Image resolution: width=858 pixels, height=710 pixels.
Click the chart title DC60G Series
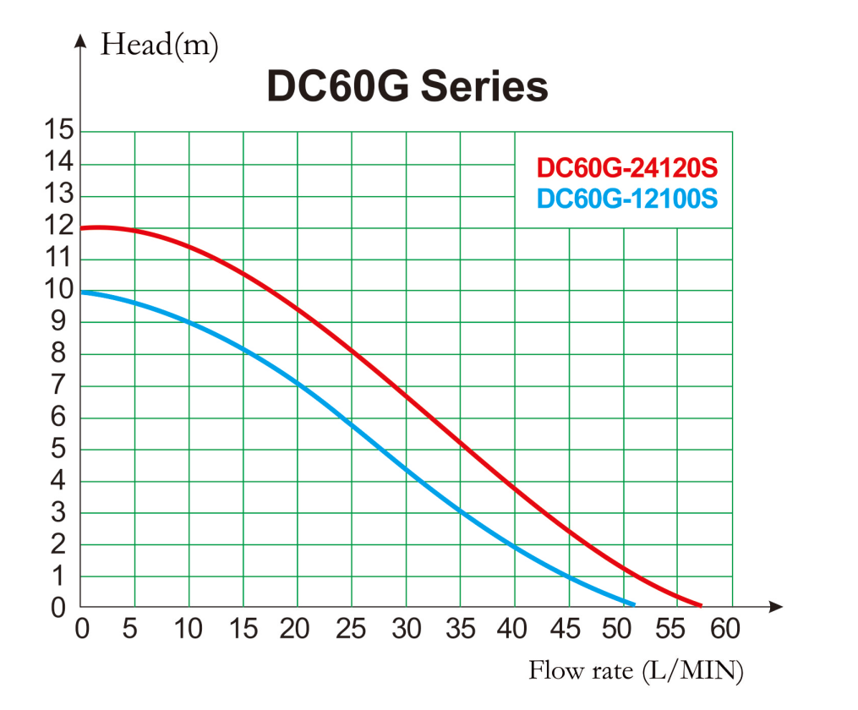pyautogui.click(x=407, y=86)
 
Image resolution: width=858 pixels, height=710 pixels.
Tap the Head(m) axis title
pyautogui.click(x=159, y=44)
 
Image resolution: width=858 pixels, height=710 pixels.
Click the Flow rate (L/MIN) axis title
pyautogui.click(x=636, y=671)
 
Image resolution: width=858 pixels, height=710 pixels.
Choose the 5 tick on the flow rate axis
pyautogui.click(x=129, y=630)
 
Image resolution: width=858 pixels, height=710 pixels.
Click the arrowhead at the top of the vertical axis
pyautogui.click(x=81, y=39)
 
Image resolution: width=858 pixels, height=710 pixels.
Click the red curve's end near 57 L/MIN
pyautogui.click(x=700, y=605)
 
